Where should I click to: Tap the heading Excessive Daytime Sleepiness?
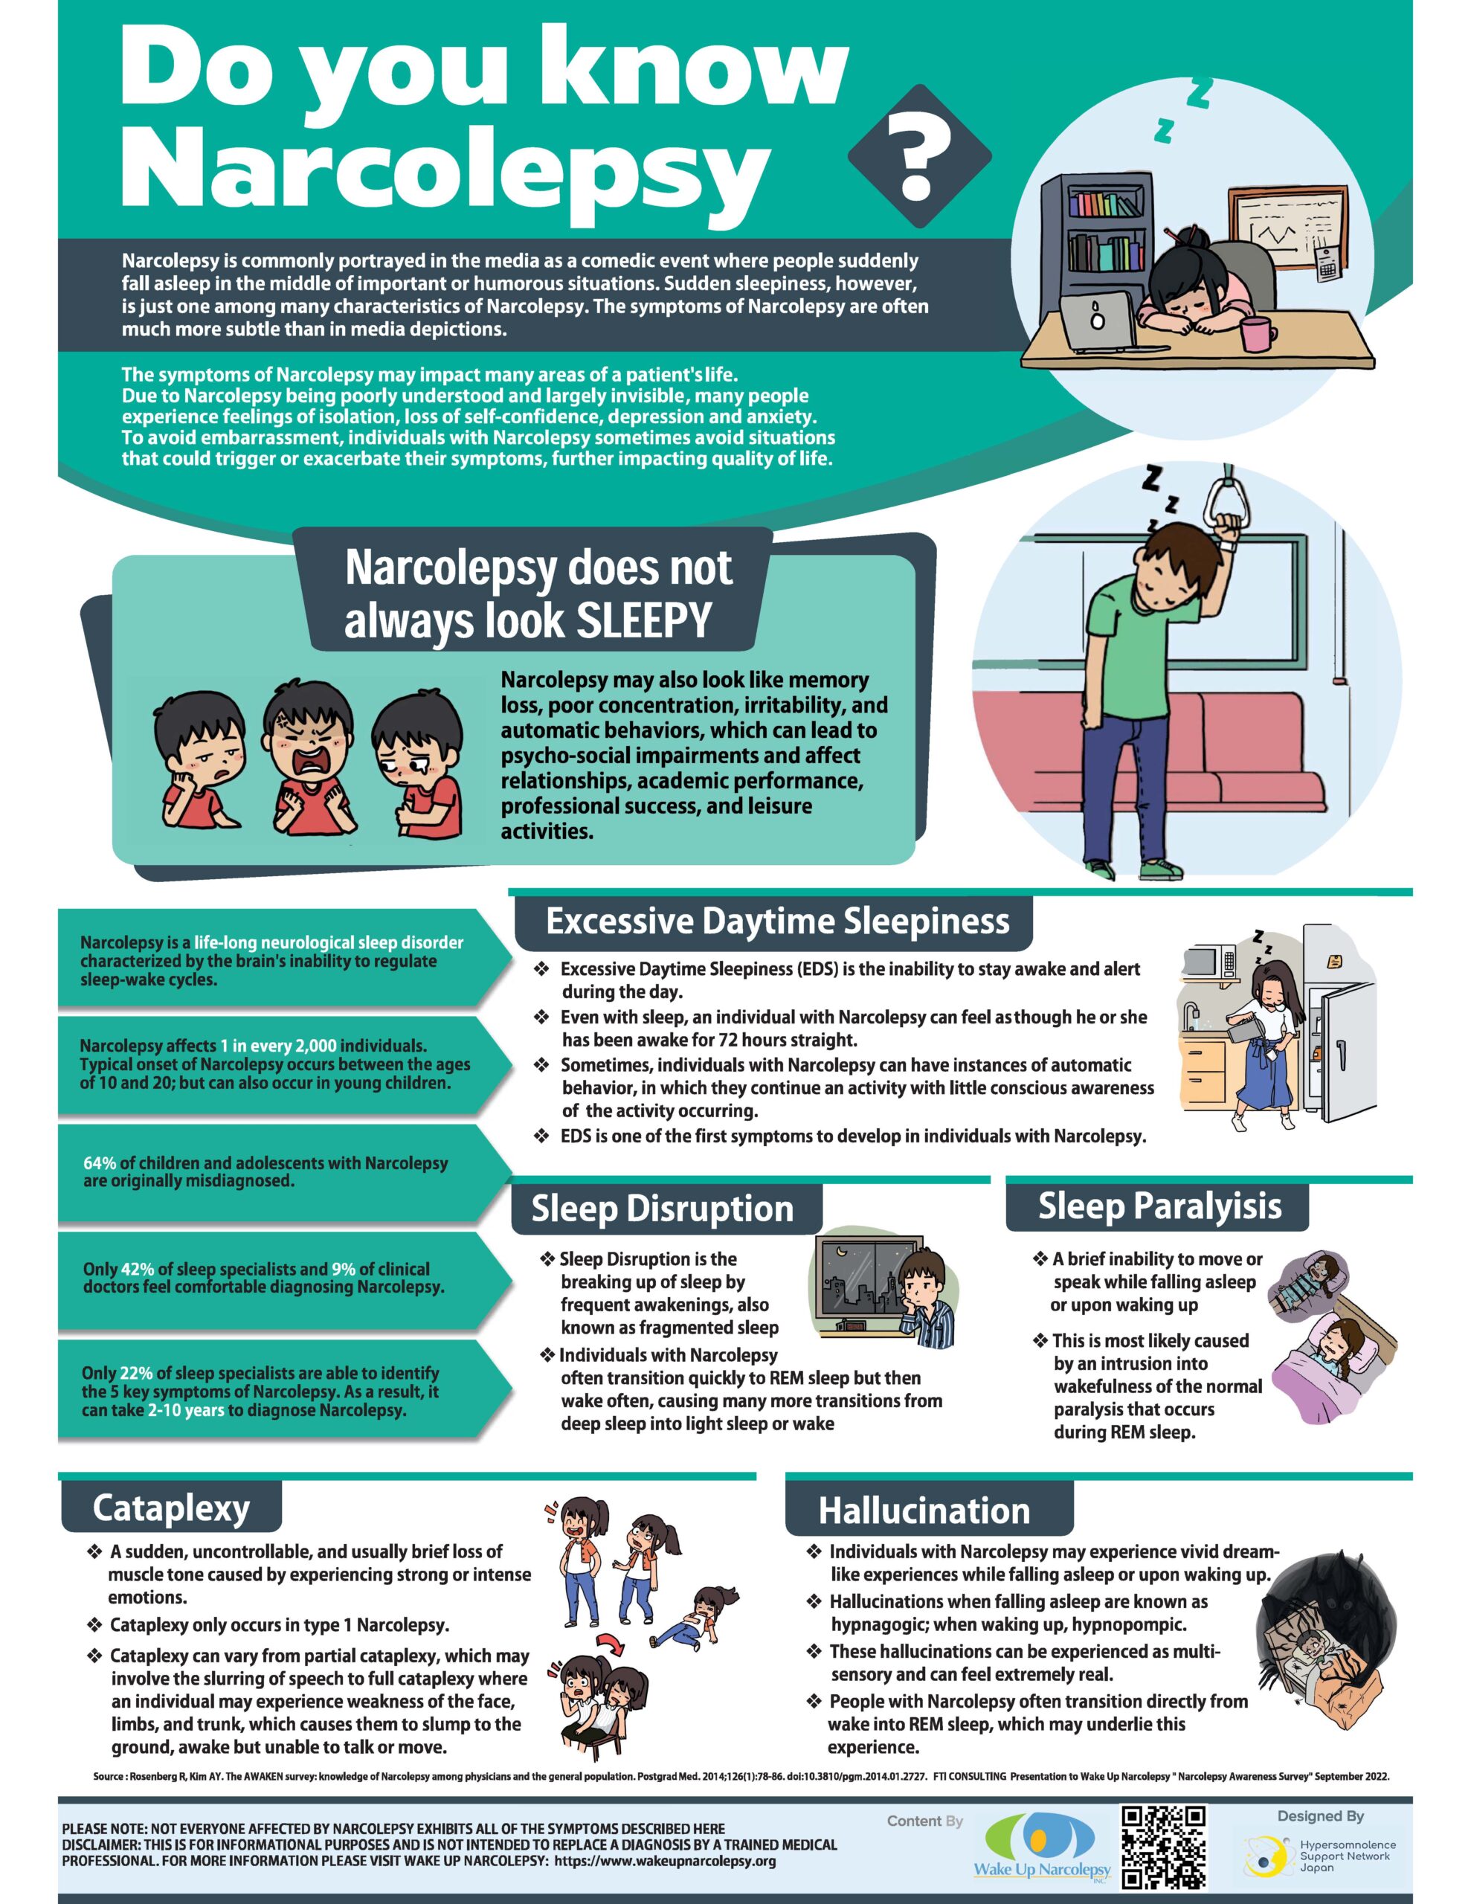click(x=777, y=922)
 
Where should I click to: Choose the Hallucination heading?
click(x=924, y=1511)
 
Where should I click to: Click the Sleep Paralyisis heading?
click(x=1159, y=1206)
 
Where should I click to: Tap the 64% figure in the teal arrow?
click(x=100, y=1163)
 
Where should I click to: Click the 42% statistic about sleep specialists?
click(x=137, y=1270)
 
